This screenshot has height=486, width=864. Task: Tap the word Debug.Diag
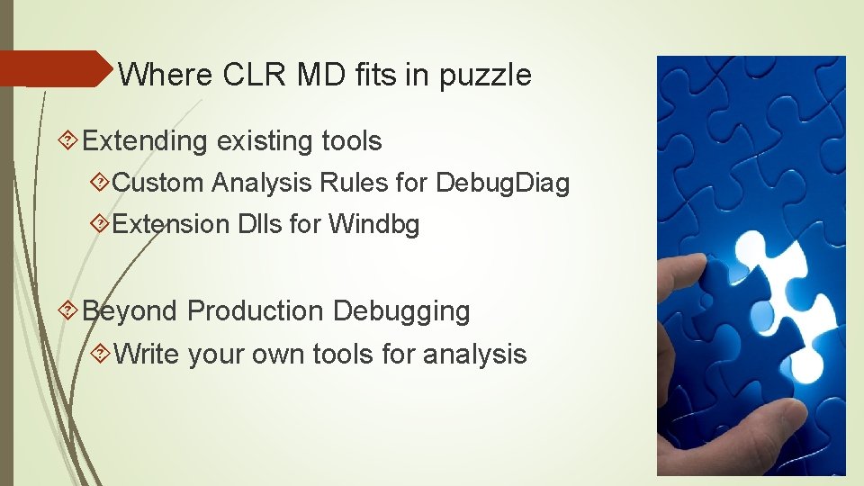[502, 183]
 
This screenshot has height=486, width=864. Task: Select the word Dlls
[259, 224]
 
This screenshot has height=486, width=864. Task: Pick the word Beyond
[130, 311]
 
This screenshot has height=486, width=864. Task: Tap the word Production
[255, 311]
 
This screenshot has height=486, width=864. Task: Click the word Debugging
[400, 311]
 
